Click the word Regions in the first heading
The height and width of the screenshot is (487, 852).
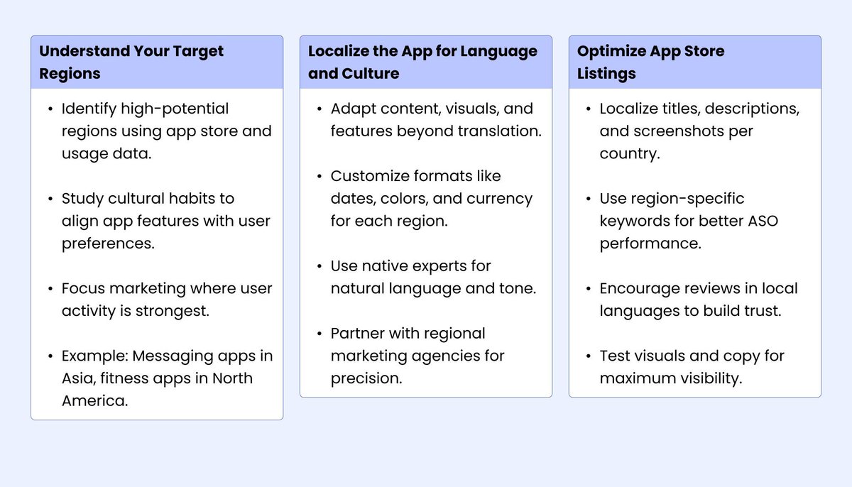click(x=70, y=74)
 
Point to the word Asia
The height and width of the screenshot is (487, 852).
click(x=80, y=378)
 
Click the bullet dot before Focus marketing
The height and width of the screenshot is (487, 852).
click(x=50, y=289)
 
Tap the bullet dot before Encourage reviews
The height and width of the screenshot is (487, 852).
click(x=588, y=289)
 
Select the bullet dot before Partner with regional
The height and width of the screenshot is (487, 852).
click(x=319, y=334)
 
